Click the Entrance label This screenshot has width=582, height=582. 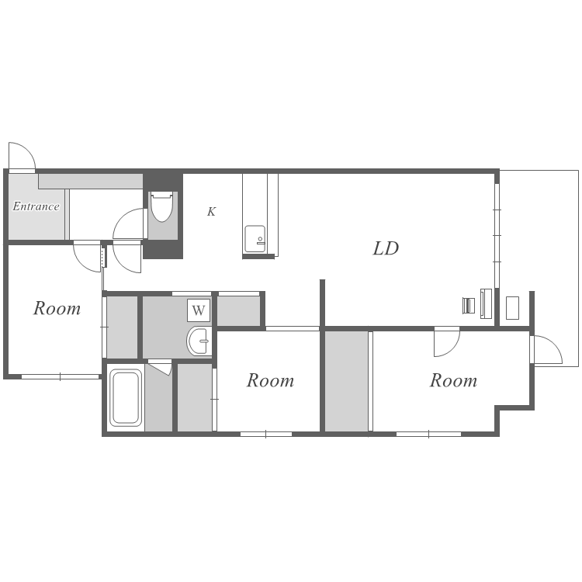(36, 206)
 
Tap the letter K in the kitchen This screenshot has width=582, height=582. (211, 212)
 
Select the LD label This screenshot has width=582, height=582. (386, 248)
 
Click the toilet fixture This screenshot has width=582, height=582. (161, 206)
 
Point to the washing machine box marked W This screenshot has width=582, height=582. (199, 310)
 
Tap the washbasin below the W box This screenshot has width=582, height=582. (199, 341)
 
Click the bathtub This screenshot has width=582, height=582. (126, 397)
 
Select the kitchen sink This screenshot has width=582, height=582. (255, 239)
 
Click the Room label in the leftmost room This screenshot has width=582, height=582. (57, 308)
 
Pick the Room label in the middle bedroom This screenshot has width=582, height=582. (270, 380)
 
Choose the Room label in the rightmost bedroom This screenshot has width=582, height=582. (453, 380)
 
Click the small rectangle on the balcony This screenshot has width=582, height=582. (512, 308)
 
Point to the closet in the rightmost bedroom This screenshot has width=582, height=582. (347, 381)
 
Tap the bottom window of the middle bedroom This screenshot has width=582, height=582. (265, 434)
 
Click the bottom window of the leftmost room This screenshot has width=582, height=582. (60, 376)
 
